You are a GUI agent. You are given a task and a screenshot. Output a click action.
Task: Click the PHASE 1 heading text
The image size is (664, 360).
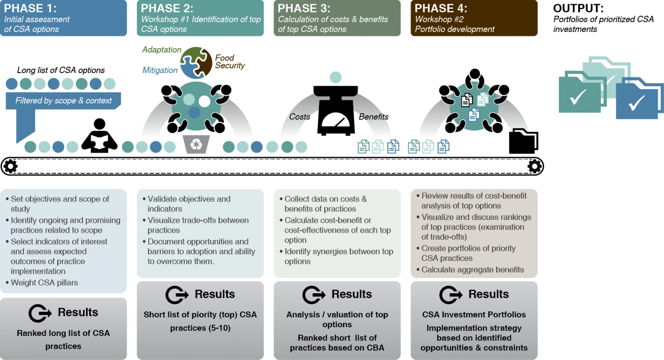point(30,8)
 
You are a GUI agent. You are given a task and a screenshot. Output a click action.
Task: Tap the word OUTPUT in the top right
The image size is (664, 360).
point(579,8)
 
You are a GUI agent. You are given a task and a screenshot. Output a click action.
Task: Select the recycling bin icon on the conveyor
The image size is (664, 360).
point(196,144)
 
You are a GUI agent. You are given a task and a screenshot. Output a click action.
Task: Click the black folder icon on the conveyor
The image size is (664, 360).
point(523,141)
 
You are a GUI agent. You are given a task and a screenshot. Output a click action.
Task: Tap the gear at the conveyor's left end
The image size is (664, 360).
point(11,166)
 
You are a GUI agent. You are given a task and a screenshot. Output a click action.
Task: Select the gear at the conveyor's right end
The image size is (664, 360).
point(535,166)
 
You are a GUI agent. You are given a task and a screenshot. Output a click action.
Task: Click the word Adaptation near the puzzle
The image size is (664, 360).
point(161,49)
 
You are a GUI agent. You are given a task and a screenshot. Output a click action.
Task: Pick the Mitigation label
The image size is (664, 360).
point(160,70)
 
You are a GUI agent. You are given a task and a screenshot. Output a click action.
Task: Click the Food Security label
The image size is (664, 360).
point(230,62)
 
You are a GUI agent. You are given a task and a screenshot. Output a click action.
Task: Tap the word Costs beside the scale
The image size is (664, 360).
point(299,117)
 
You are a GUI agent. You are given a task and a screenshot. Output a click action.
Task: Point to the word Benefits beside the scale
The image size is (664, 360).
point(373,117)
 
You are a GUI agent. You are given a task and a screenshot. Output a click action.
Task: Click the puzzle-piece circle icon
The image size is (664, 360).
point(196,63)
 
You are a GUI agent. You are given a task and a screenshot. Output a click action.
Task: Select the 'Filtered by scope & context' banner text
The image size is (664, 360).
point(63,101)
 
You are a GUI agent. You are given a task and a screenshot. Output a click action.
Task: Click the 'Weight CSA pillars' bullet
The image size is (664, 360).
point(42,283)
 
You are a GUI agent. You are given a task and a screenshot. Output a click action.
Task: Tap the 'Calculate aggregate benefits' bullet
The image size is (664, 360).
point(470,270)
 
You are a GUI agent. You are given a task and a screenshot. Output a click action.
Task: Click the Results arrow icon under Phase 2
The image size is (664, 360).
point(177,295)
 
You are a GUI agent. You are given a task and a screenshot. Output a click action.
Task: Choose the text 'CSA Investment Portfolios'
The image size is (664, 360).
point(474,314)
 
